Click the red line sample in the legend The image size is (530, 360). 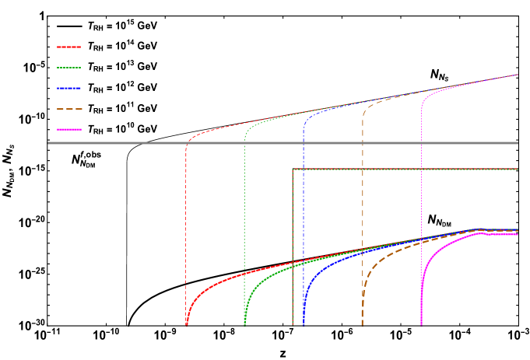pos(68,47)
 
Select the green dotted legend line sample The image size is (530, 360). pos(68,68)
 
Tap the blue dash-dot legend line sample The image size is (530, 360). pos(68,89)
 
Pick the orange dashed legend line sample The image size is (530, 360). pos(68,109)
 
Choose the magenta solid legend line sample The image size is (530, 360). pos(68,130)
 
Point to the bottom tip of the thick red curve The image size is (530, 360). pos(187,323)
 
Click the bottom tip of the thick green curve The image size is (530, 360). pos(245,323)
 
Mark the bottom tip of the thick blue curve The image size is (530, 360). pos(304,323)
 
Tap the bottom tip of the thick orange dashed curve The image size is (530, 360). pos(363,323)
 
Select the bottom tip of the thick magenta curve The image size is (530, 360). pos(421,323)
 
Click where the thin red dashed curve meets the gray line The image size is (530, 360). pos(187,143)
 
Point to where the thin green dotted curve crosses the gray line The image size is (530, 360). pos(245,143)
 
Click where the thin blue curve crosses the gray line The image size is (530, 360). pos(304,143)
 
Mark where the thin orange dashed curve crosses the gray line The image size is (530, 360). pos(363,143)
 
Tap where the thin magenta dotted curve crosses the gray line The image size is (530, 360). pos(421,143)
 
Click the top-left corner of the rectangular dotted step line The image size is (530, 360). pos(293,169)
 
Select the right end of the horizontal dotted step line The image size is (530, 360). pos(518,169)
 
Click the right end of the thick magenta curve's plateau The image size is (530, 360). pos(518,235)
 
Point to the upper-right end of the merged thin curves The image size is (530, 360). pos(518,75)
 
